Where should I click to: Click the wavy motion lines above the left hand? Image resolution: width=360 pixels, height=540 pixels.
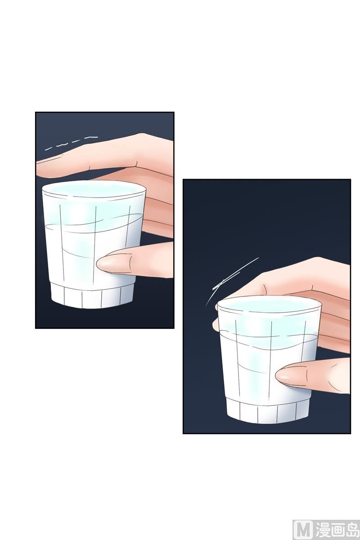72,143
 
